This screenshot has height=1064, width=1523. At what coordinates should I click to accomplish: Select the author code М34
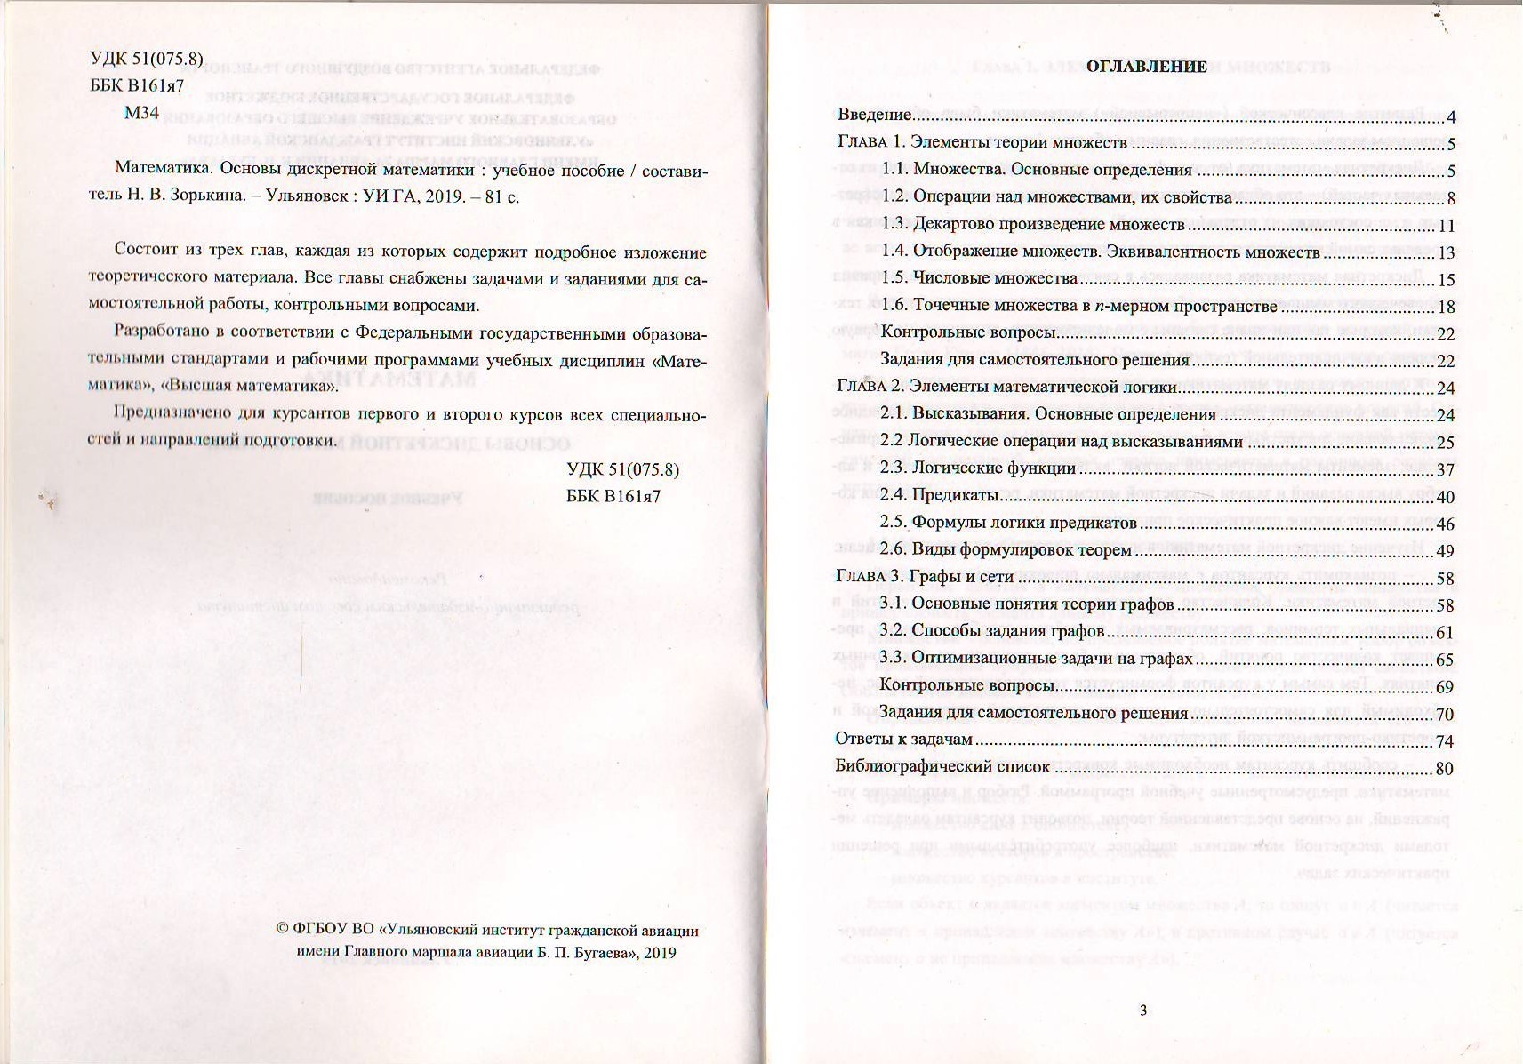(141, 113)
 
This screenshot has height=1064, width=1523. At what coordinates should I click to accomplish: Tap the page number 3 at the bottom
(1143, 1010)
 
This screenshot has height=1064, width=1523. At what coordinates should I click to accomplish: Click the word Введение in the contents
(875, 116)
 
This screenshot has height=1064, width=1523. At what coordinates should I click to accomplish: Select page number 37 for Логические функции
(1445, 469)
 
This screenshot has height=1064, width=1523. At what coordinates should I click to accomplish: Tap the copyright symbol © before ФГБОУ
(282, 931)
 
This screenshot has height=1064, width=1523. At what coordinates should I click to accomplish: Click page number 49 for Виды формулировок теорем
(1445, 551)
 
